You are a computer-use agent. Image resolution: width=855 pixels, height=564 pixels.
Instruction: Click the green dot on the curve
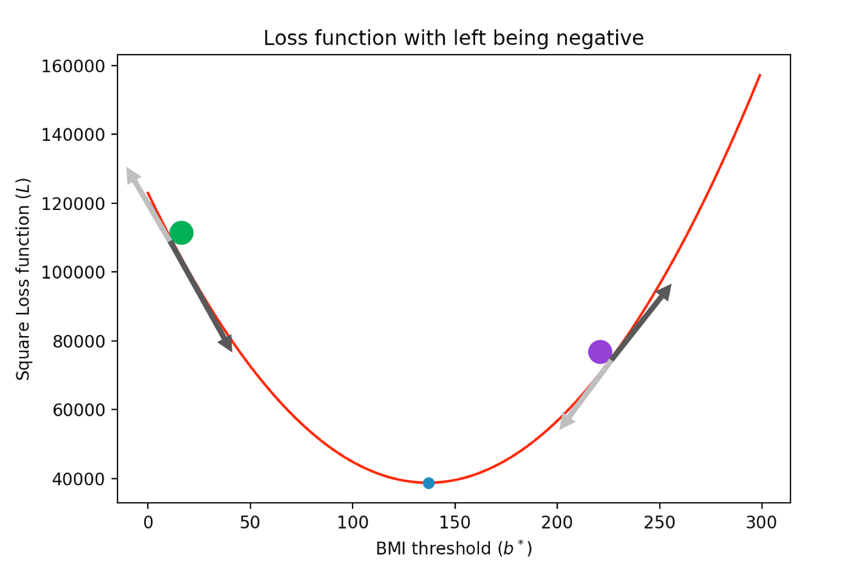[x=181, y=233]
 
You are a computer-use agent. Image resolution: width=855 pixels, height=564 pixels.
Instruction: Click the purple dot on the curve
[x=600, y=351]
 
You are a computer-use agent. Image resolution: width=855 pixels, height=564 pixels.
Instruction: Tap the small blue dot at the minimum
[x=429, y=483]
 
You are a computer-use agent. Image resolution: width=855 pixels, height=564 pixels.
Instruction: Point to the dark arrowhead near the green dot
[x=226, y=343]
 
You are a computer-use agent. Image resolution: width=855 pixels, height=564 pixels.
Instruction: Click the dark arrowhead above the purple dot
[x=664, y=292]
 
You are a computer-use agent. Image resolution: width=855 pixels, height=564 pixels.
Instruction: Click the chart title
[x=453, y=38]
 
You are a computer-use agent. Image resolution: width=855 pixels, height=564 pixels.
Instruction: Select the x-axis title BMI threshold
[x=453, y=548]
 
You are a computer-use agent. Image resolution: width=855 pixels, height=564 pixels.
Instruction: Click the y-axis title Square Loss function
[x=23, y=279]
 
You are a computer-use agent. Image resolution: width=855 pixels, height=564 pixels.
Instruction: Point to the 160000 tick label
[x=73, y=66]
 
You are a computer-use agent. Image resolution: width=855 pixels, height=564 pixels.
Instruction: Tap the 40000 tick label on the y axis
[x=78, y=479]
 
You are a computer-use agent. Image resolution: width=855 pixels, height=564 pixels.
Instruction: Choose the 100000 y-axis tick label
[x=73, y=272]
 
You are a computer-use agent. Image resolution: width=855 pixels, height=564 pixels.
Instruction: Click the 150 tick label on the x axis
[x=454, y=523]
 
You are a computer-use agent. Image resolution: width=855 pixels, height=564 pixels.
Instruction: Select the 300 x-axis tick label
[x=762, y=523]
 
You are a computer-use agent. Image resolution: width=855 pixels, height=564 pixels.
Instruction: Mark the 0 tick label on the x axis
[x=148, y=523]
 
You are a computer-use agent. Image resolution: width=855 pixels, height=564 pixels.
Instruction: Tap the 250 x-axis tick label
[x=659, y=523]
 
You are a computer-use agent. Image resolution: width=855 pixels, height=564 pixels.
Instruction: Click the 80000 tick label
[x=78, y=342]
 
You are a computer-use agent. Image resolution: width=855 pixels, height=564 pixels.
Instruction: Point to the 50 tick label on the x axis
[x=250, y=523]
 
